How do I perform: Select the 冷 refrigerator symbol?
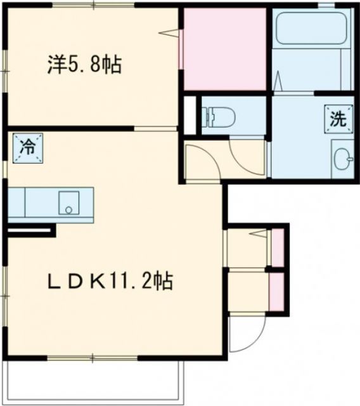tap(27, 147)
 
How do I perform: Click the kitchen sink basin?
tap(67, 203)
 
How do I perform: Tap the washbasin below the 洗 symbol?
tap(343, 159)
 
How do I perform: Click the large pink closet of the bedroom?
tap(224, 49)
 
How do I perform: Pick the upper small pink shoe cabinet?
tap(278, 247)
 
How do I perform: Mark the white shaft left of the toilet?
tap(189, 115)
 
